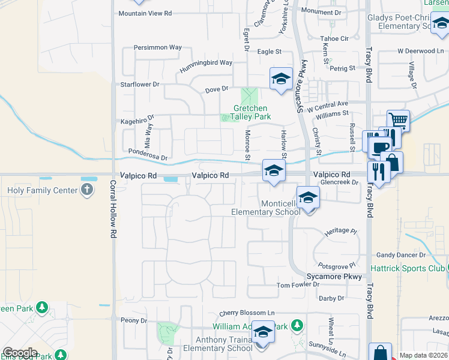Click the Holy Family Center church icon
point(88,190)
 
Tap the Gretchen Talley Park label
point(252,113)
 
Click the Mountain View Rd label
point(145,13)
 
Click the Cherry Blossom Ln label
point(247,313)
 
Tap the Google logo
point(20,353)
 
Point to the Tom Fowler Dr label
point(298,285)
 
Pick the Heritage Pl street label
point(340,230)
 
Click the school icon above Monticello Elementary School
point(307,197)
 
